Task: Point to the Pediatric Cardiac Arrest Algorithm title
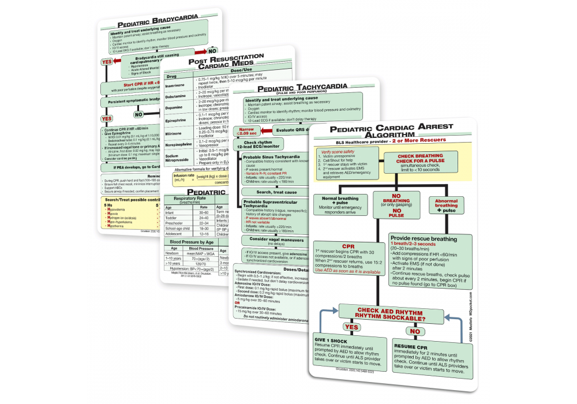[x=396, y=131]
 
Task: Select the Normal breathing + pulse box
[x=340, y=203]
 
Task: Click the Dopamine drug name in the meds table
[x=175, y=107]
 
